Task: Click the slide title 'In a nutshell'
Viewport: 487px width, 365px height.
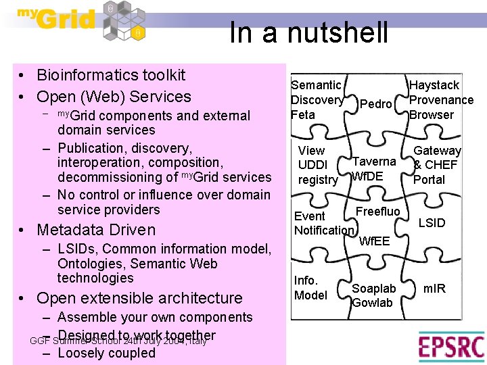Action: coord(308,32)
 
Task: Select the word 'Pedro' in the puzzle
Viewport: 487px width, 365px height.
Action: coord(375,103)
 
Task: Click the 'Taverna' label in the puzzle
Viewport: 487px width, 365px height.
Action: coord(374,162)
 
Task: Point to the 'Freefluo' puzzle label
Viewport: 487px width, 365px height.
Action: coord(378,212)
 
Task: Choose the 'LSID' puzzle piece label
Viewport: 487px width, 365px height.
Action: coord(432,222)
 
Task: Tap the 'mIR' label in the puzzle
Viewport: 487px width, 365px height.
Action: coord(434,289)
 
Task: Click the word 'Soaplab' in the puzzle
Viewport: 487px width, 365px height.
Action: coord(374,289)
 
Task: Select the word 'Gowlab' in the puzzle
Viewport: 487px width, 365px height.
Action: coord(373,303)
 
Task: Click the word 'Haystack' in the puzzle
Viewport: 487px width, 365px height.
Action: coord(434,85)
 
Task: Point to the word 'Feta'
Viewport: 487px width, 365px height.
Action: coord(303,115)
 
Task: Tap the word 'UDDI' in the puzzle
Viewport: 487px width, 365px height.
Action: coord(312,165)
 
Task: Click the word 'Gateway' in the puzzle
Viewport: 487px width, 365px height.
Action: coord(437,151)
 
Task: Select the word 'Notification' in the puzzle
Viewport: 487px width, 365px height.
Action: coord(323,230)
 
